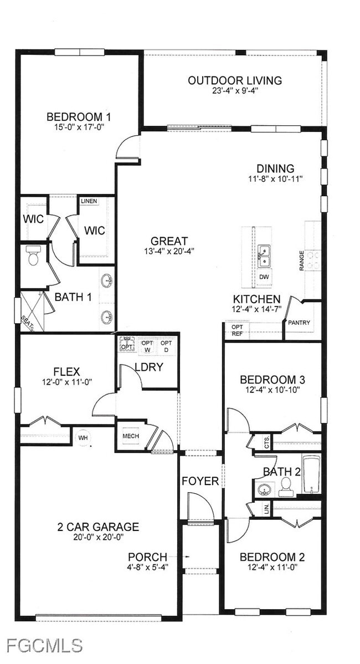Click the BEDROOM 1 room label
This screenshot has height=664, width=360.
(x=79, y=117)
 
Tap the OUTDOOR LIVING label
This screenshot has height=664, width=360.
(x=234, y=80)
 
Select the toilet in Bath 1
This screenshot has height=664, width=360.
(x=33, y=256)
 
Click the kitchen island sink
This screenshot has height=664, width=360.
(x=264, y=256)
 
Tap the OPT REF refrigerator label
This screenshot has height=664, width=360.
(x=236, y=330)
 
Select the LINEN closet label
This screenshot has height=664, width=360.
(x=89, y=201)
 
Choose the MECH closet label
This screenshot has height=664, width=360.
(x=130, y=436)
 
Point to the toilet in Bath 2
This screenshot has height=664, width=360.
(x=286, y=486)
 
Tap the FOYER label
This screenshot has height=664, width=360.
(x=200, y=481)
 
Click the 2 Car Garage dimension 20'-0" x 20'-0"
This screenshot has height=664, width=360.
(x=99, y=537)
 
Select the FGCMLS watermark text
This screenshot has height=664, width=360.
(x=45, y=645)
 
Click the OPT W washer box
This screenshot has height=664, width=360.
(x=147, y=346)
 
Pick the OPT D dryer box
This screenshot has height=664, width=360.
(x=166, y=346)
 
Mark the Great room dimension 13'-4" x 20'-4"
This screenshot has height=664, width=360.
(x=169, y=251)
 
